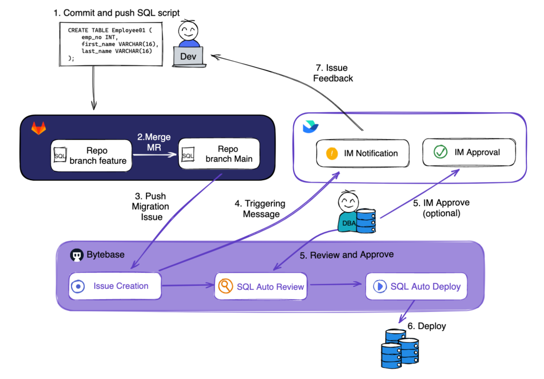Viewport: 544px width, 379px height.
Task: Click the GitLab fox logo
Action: [38, 129]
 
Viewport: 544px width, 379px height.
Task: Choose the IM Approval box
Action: [468, 152]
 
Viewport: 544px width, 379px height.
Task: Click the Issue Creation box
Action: [115, 286]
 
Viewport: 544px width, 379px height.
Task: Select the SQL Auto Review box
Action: [261, 286]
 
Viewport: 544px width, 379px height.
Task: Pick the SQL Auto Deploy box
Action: [416, 286]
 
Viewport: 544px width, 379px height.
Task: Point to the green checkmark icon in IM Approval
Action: [441, 153]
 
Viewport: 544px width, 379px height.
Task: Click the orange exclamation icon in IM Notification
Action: [332, 154]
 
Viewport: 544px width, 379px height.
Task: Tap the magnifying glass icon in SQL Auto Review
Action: [225, 286]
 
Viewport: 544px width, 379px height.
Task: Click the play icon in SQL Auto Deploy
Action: [379, 286]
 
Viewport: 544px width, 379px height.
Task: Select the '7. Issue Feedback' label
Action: [333, 73]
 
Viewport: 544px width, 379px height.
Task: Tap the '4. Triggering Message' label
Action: [260, 209]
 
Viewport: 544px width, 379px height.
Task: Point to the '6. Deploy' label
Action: [427, 326]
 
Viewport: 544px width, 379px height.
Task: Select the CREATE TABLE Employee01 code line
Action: [107, 31]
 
